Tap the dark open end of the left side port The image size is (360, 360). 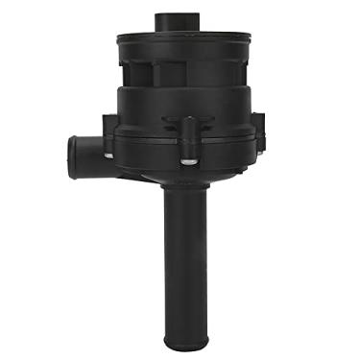[x=71, y=153]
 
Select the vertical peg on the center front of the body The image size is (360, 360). [x=189, y=129]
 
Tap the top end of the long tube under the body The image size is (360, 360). [x=181, y=197]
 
